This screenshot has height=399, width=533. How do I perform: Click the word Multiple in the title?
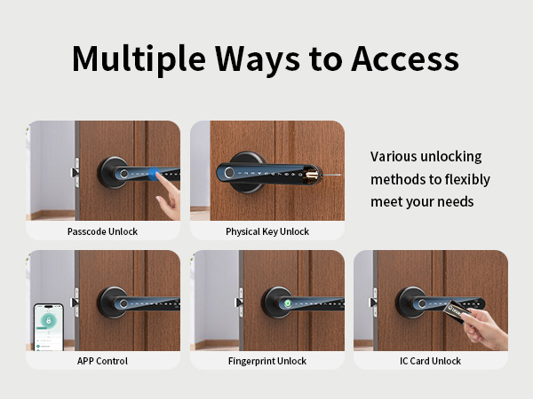(139, 59)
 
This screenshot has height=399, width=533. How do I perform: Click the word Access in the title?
(405, 59)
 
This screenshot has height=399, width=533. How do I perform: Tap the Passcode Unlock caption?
(102, 231)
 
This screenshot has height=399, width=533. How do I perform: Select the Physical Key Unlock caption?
(267, 231)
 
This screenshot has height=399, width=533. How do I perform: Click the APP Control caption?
(102, 361)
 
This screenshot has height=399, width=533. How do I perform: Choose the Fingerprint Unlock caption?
(267, 361)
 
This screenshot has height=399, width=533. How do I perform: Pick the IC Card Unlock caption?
(431, 361)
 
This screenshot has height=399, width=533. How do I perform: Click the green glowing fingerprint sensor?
(289, 302)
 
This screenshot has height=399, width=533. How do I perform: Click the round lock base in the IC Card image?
(410, 302)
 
